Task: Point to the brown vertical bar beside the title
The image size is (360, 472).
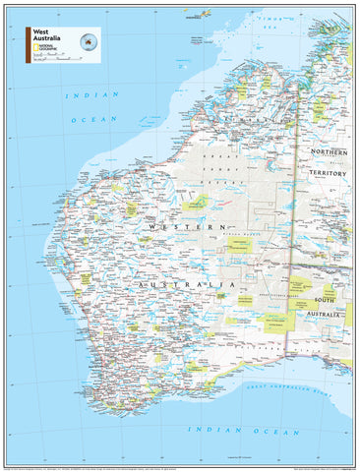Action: click(28, 44)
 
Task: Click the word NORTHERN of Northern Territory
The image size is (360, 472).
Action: click(330, 153)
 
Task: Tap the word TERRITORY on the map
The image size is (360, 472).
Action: click(330, 173)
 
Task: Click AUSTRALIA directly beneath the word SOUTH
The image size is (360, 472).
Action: click(327, 313)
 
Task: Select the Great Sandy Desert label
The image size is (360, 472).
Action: click(221, 168)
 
